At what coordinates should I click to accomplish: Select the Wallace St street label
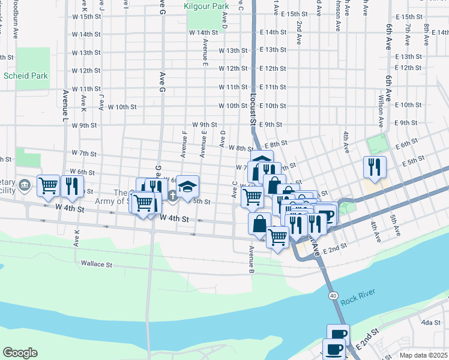coord(97,263)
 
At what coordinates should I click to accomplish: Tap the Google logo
coord(20,353)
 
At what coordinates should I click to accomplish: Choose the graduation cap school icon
coord(187,185)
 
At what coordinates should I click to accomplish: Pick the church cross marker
coord(173,194)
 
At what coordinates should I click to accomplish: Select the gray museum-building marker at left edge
coord(24,184)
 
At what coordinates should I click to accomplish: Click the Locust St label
coord(251,113)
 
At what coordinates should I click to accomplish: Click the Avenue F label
coord(184,145)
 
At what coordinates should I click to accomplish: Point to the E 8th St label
coord(276,144)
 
